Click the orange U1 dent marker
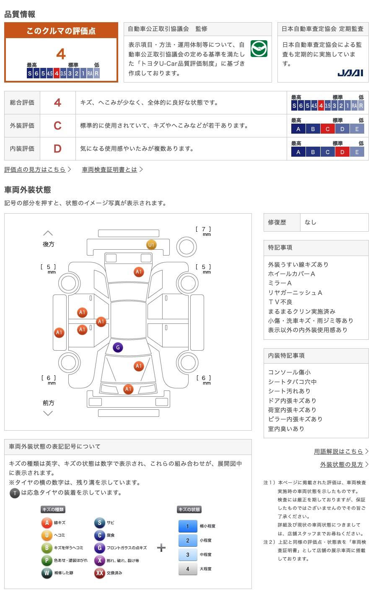coord(151,245)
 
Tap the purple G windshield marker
coord(118,347)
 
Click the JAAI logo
coord(350,73)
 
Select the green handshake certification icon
coord(259,49)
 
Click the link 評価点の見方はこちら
coord(35,170)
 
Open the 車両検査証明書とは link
coord(110,170)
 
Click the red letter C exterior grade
coord(57,126)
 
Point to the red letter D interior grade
coord(57,149)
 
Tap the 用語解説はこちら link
coord(339,452)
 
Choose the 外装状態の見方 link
coord(342,465)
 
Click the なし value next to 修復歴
coord(311,222)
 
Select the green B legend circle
coord(47,548)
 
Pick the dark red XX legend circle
coord(99,573)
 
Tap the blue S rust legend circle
coord(99,523)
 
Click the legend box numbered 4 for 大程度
coord(188,569)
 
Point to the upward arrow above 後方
coord(48,233)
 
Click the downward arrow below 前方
coord(48,414)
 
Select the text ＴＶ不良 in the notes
coord(280,302)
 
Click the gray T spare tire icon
coord(15,493)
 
